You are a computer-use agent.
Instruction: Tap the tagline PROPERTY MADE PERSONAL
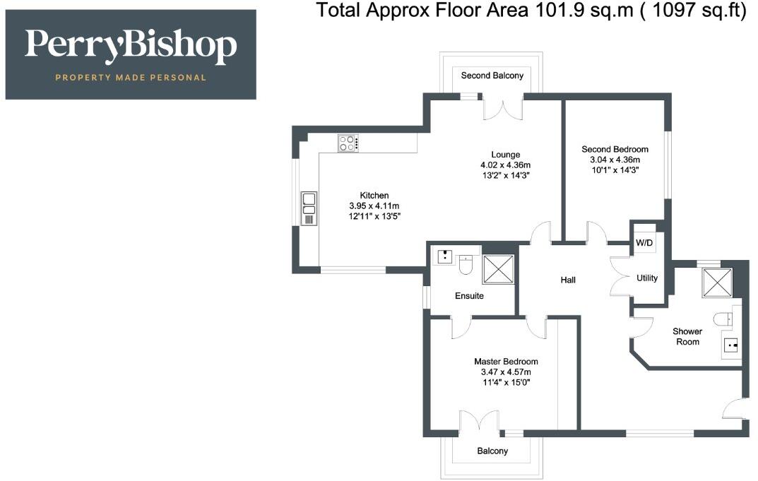click(x=131, y=78)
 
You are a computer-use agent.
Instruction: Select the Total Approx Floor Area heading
click(x=531, y=10)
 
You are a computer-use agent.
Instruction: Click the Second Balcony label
click(x=492, y=76)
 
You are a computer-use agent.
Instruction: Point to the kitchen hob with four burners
click(x=348, y=143)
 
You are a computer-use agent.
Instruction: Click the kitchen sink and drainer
click(x=309, y=208)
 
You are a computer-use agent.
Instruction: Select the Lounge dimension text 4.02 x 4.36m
click(x=506, y=165)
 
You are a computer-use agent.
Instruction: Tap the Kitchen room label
click(x=374, y=196)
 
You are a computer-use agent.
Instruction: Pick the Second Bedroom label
click(x=615, y=149)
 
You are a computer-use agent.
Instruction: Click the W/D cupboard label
click(x=644, y=243)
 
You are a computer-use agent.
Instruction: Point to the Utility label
click(x=647, y=278)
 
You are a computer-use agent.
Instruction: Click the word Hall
click(x=568, y=280)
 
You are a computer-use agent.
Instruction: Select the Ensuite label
click(x=469, y=296)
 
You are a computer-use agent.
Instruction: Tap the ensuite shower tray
click(x=498, y=269)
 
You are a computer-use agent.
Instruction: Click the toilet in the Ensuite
click(x=466, y=264)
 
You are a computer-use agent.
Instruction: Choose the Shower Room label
click(x=687, y=336)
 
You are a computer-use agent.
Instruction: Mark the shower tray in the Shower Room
click(x=718, y=283)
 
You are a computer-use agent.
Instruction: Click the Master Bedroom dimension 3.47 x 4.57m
click(x=506, y=372)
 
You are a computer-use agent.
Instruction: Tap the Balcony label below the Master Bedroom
click(x=492, y=451)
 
